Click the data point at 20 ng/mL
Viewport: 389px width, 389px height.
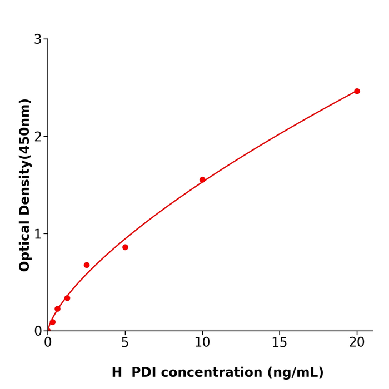point(357,91)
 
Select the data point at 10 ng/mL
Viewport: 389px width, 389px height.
point(202,179)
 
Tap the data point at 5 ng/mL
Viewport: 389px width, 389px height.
point(125,247)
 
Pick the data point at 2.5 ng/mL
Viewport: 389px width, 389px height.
point(87,265)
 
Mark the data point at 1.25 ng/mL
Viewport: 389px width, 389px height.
point(67,298)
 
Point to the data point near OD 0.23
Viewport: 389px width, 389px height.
point(57,309)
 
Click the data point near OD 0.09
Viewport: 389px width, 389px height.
point(53,322)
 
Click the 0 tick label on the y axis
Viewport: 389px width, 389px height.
point(38,331)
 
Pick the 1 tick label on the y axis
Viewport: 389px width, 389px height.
point(38,234)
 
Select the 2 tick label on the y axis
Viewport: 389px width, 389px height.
point(38,137)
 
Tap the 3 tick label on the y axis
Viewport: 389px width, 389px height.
point(38,39)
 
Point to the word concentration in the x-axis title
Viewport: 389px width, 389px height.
point(218,372)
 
